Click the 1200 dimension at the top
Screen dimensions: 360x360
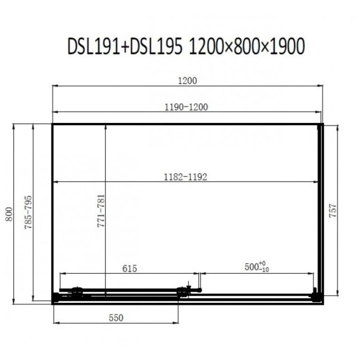click(188, 81)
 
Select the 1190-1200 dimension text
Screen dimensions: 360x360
click(186, 107)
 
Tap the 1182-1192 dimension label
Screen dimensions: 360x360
click(185, 177)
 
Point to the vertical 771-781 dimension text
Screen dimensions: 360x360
click(101, 211)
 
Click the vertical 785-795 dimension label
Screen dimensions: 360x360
click(28, 212)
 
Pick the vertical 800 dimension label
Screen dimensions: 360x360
click(9, 214)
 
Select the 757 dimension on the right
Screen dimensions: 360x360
click(333, 210)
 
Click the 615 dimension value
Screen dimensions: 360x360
click(130, 268)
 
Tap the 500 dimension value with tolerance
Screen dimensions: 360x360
click(257, 266)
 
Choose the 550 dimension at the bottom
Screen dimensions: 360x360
click(116, 318)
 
